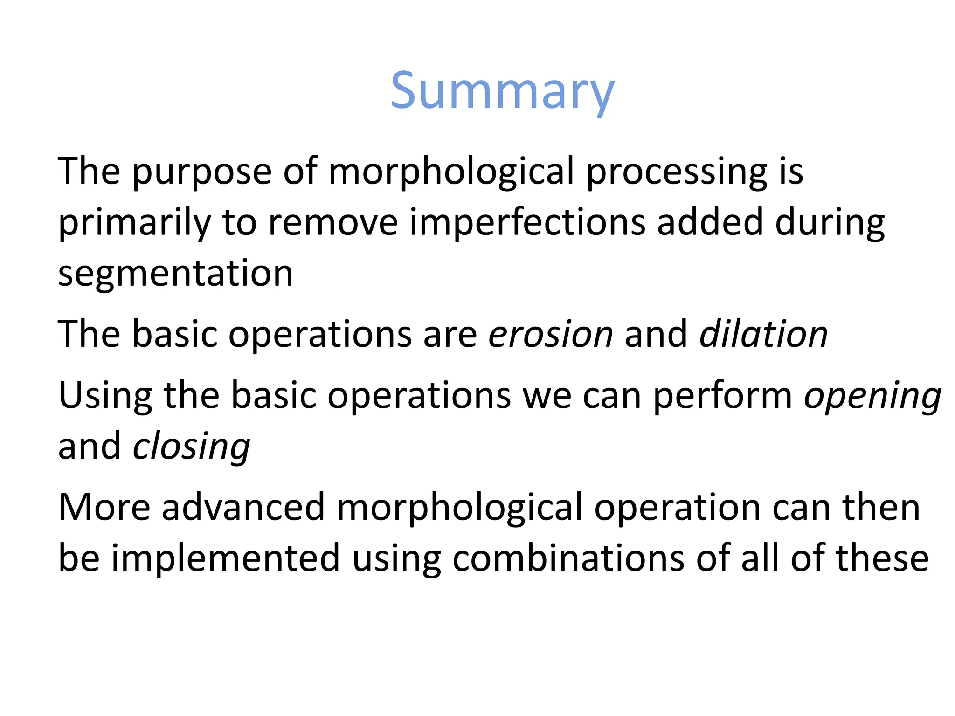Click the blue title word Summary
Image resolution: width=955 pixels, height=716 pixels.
click(502, 91)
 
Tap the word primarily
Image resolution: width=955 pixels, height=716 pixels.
click(134, 223)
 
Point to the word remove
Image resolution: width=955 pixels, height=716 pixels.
click(333, 222)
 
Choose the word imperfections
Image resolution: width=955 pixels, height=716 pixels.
click(527, 222)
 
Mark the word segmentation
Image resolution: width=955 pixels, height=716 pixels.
click(175, 274)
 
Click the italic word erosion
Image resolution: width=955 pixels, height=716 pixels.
click(550, 334)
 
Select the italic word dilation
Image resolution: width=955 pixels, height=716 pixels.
click(763, 334)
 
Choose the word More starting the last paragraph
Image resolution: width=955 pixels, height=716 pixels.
click(104, 507)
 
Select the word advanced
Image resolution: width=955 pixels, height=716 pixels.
click(243, 507)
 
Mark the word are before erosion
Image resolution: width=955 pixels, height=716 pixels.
click(450, 335)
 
